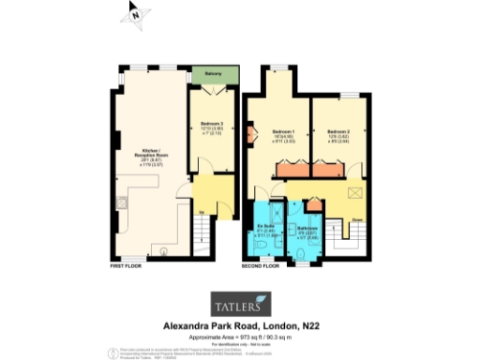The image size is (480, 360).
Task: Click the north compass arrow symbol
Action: click(136, 14)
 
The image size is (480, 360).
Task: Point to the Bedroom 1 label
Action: click(285, 132)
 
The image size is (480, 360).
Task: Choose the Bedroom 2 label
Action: click(340, 132)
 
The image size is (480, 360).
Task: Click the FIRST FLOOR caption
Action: click(127, 267)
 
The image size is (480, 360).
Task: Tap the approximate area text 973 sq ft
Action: click(248, 336)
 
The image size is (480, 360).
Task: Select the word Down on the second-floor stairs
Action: click(358, 221)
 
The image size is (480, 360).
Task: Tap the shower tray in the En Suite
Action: click(261, 246)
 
